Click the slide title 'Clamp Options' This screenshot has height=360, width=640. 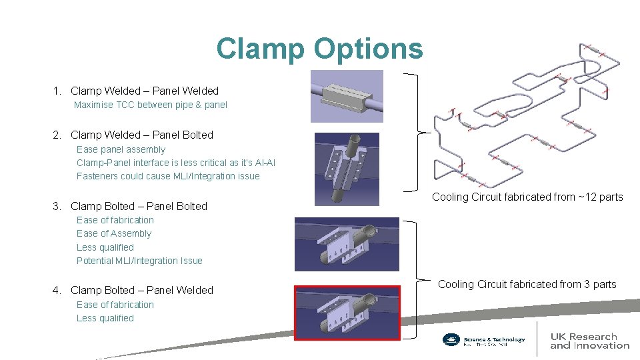[319, 49]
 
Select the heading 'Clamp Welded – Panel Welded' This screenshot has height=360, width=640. [144, 91]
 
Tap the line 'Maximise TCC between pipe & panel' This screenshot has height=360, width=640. [151, 105]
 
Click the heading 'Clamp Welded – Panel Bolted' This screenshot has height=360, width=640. [141, 135]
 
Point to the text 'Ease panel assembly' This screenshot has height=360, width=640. [121, 149]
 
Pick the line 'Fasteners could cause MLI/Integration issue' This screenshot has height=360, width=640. [168, 176]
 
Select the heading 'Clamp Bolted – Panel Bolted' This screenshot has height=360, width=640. [139, 206]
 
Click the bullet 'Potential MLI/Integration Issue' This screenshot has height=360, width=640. [139, 261]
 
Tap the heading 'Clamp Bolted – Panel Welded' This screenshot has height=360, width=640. [141, 290]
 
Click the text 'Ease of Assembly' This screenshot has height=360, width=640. [114, 233]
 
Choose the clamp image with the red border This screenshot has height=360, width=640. [347, 312]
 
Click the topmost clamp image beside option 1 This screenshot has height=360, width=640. [347, 96]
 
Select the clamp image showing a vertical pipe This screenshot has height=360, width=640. [347, 168]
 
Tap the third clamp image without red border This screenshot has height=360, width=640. [347, 243]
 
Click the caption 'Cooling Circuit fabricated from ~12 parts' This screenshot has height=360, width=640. [527, 197]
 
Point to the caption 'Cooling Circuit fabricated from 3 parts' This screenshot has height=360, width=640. [527, 284]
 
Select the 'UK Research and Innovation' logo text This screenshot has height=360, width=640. [589, 341]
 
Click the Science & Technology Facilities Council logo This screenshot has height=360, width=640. [484, 340]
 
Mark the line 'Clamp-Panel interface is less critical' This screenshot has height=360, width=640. [176, 163]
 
